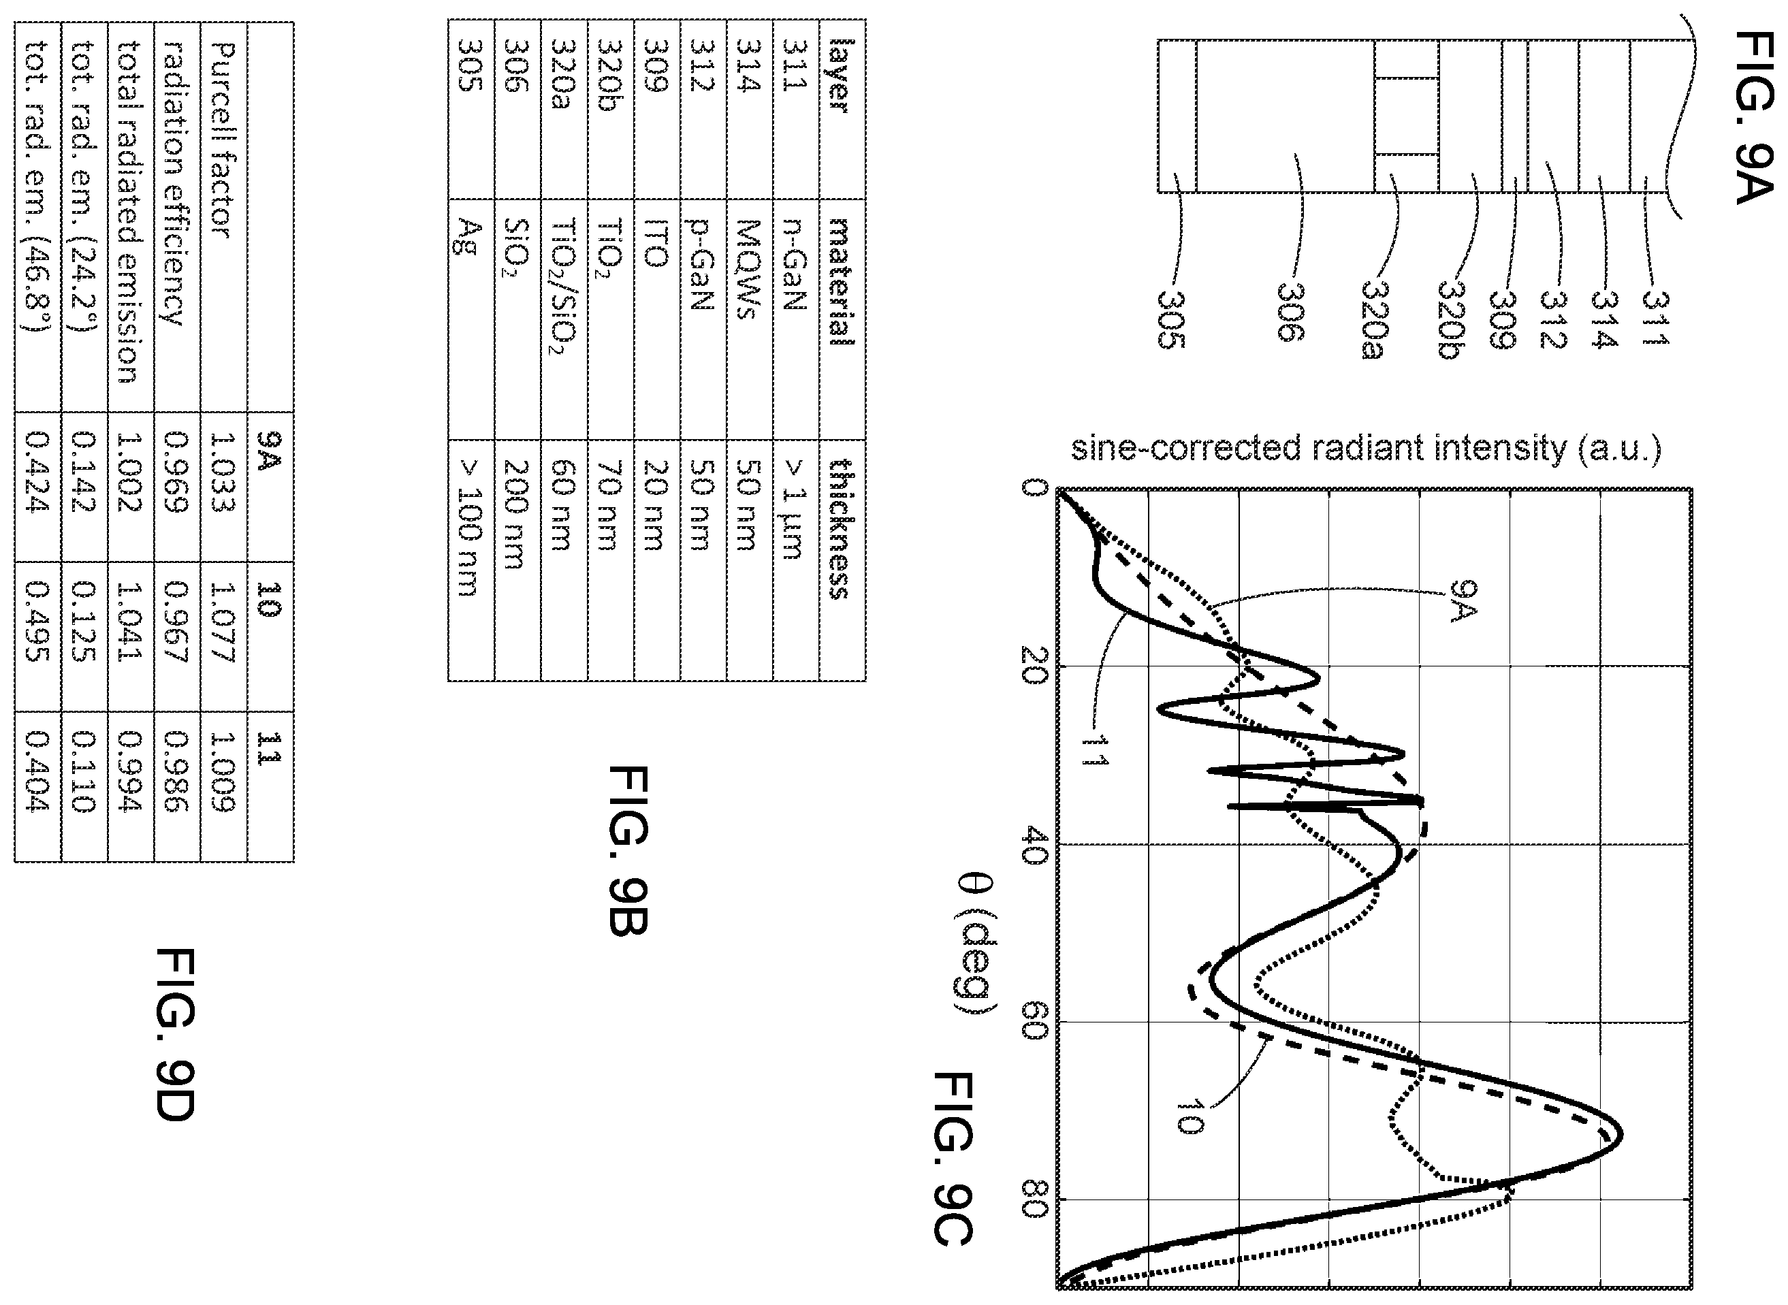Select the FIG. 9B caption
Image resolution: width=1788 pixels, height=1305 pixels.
pos(629,850)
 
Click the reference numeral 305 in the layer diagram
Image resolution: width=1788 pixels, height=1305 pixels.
pos(1171,319)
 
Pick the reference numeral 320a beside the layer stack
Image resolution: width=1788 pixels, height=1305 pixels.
pos(1374,319)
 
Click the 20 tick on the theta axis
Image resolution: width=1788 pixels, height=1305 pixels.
pos(1034,666)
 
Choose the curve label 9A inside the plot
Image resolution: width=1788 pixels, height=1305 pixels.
pos(1463,601)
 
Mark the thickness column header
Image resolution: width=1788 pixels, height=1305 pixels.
pos(841,529)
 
